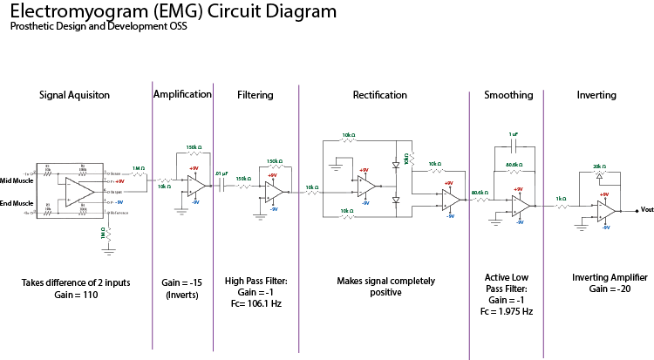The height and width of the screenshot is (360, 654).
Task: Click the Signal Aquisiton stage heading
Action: tap(74, 95)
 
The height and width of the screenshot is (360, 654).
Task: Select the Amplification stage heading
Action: tap(182, 94)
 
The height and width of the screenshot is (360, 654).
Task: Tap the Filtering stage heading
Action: tap(255, 95)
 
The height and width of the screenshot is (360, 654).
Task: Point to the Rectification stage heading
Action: tap(379, 95)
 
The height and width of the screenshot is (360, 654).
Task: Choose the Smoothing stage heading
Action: tap(508, 95)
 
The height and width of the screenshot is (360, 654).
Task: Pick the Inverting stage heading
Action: tap(596, 95)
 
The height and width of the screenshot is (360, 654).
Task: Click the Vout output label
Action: tap(646, 209)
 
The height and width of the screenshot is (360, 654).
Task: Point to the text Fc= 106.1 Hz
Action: tap(255, 304)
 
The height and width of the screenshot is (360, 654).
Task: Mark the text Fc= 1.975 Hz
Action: tap(508, 311)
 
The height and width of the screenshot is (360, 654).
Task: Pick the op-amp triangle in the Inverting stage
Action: tap(607, 210)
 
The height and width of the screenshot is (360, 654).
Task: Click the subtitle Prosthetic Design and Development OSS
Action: tap(99, 26)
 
